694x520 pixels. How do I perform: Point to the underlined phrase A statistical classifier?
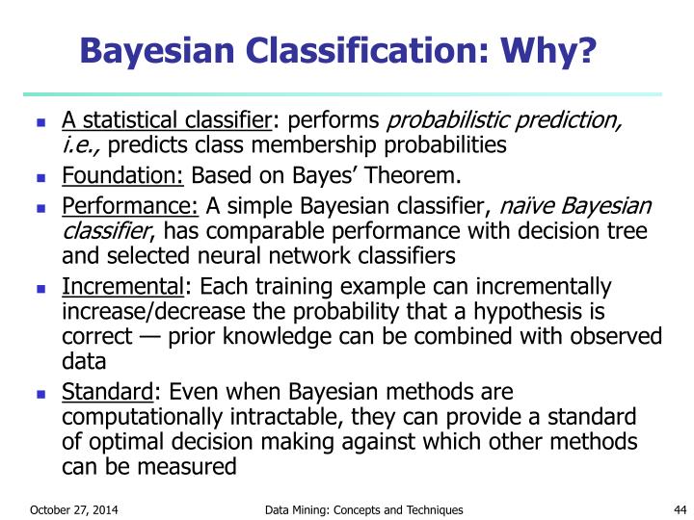(168, 120)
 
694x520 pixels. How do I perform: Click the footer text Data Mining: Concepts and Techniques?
(363, 509)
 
